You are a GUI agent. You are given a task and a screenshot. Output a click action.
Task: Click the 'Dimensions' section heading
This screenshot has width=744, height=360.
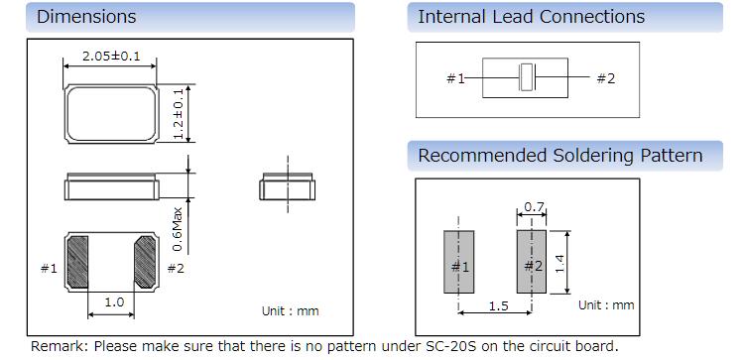(x=86, y=17)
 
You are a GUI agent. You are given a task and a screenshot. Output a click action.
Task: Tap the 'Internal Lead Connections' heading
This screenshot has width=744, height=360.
(x=531, y=17)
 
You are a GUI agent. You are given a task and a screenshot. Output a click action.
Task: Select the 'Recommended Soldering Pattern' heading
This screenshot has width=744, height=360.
(x=559, y=156)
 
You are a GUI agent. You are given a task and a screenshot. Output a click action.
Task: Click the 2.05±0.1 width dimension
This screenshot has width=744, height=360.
(x=111, y=56)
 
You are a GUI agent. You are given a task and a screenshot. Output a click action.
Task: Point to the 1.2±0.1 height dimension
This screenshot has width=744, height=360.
(x=179, y=114)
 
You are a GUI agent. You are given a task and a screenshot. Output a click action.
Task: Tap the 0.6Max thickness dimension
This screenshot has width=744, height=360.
(x=178, y=229)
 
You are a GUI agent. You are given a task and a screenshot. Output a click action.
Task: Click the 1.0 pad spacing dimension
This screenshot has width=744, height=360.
(x=114, y=301)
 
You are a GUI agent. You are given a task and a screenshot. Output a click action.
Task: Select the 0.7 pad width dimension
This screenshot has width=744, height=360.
(x=534, y=207)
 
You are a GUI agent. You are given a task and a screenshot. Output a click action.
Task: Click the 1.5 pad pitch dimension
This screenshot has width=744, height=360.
(x=498, y=305)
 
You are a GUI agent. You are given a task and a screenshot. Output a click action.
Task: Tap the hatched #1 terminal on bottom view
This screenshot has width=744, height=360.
(x=77, y=262)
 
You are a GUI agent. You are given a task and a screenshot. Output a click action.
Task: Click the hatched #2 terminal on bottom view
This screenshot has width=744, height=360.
(x=145, y=262)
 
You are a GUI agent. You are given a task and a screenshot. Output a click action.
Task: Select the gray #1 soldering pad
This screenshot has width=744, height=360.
(x=459, y=262)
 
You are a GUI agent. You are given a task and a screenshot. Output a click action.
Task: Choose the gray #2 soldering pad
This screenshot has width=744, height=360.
(x=532, y=262)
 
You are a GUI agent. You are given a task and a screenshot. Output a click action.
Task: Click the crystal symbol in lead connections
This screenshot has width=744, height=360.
(x=527, y=76)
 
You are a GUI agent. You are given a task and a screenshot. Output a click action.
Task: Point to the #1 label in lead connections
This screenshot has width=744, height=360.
(x=455, y=78)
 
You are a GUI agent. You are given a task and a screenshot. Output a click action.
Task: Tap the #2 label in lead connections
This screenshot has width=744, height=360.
(x=605, y=78)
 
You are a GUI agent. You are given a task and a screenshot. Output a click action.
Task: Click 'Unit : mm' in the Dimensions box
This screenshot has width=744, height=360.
(x=291, y=311)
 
